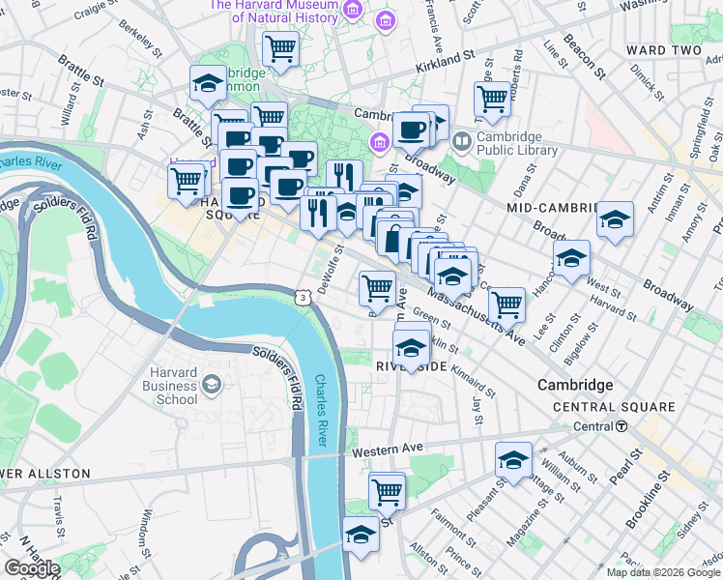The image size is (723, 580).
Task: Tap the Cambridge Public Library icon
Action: pyautogui.click(x=461, y=143)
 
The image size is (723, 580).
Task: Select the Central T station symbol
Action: pyautogui.click(x=622, y=426)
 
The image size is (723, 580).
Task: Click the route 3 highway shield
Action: pyautogui.click(x=304, y=298)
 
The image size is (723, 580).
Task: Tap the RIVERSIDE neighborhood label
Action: pyautogui.click(x=411, y=367)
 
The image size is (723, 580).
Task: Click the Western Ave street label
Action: pyautogui.click(x=388, y=449)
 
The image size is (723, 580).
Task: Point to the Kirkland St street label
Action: pyautogui.click(x=446, y=63)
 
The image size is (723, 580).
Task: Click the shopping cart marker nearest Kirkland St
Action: pyautogui.click(x=280, y=48)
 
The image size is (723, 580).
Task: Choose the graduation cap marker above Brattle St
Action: pyautogui.click(x=208, y=84)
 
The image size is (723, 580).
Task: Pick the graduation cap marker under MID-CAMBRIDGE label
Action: pyautogui.click(x=615, y=219)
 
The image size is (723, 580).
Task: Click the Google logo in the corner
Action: pyautogui.click(x=31, y=568)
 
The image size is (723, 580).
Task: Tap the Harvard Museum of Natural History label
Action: pyautogui.click(x=274, y=12)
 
